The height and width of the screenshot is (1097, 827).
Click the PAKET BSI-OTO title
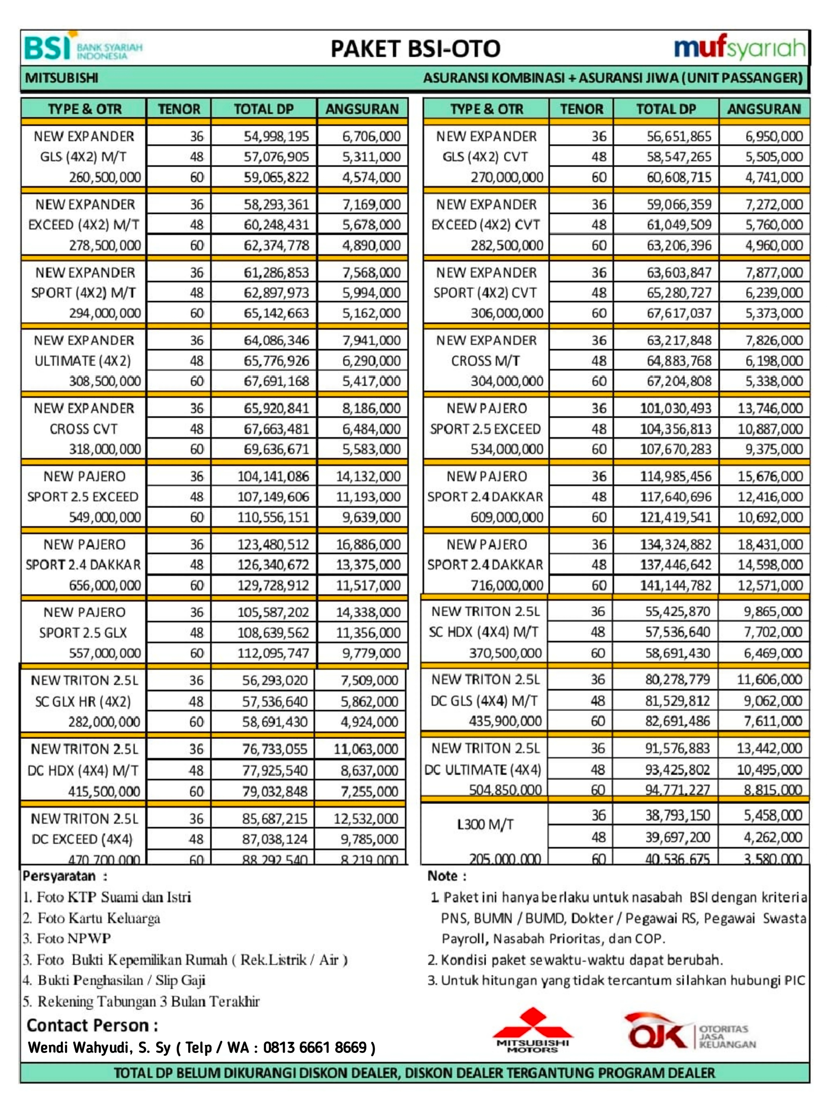click(415, 49)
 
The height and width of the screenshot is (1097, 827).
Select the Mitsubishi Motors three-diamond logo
click(533, 1029)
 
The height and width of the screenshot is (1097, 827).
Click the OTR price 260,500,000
click(105, 177)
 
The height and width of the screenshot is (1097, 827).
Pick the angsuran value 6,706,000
click(371, 136)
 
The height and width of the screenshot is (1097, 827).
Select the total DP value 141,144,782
click(675, 585)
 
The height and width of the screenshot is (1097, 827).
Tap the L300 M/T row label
click(485, 824)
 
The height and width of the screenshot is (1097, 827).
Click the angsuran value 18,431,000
click(770, 544)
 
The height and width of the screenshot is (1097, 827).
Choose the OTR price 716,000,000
click(507, 585)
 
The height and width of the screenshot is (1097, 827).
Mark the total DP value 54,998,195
click(276, 136)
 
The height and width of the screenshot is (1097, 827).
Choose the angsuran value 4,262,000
click(773, 837)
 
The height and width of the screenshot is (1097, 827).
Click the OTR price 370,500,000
click(505, 653)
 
